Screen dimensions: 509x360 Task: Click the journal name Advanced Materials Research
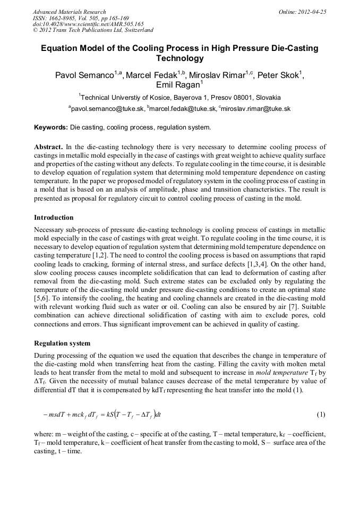coord(69,12)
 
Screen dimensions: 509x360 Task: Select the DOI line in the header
coord(88,24)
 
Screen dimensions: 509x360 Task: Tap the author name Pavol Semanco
coord(86,76)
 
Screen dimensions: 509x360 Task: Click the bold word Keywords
coord(50,128)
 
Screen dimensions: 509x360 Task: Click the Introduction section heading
coord(54,218)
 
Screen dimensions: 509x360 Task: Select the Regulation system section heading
coord(62,343)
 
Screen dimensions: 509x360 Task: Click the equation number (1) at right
coord(321,414)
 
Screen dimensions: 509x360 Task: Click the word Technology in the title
coord(179,58)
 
